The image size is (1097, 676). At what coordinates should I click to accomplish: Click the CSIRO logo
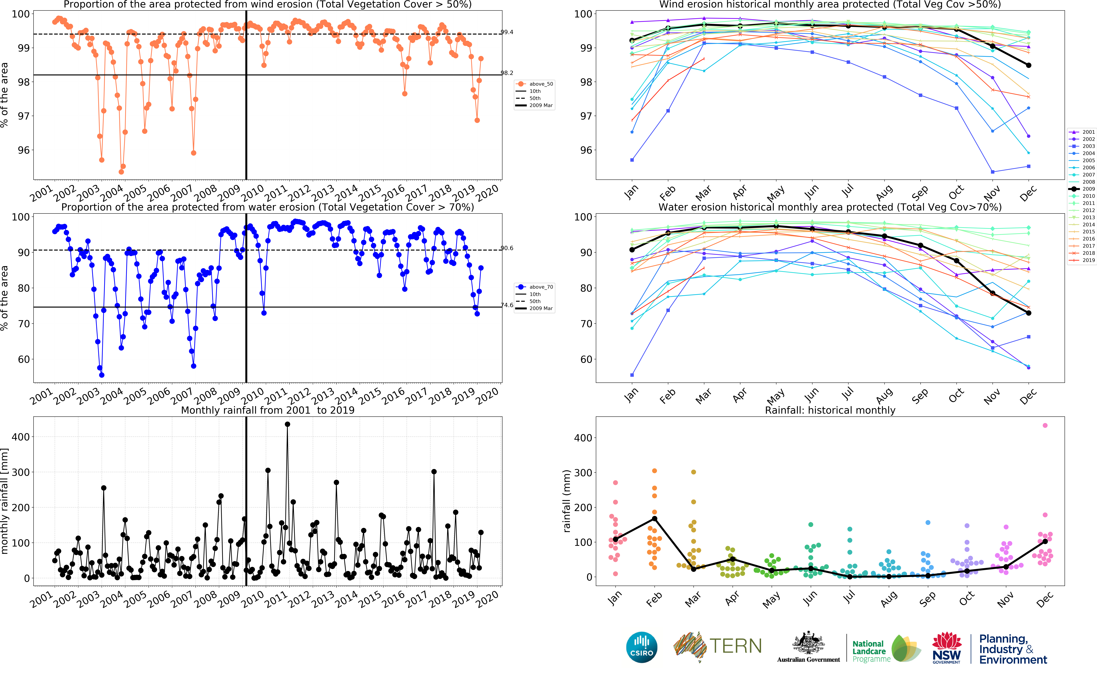(x=642, y=647)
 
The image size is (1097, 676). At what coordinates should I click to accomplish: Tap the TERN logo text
(x=735, y=646)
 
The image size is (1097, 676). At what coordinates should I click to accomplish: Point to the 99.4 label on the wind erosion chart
(x=507, y=32)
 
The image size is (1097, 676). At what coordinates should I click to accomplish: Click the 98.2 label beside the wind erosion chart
(x=507, y=73)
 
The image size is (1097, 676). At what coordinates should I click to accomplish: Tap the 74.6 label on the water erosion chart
(x=507, y=305)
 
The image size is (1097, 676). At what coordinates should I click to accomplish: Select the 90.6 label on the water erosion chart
(x=507, y=248)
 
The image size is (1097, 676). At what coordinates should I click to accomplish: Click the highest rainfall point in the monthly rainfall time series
(x=287, y=424)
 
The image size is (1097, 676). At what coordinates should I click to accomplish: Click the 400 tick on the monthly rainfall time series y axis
(x=21, y=437)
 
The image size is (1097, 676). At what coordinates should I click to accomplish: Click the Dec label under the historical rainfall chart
(x=1045, y=599)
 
